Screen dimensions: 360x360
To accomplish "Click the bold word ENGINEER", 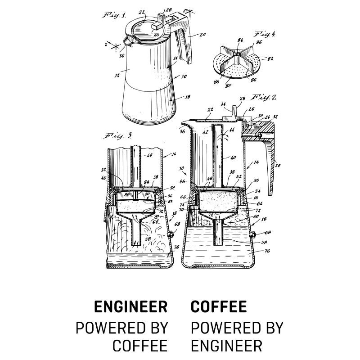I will pos(130,307).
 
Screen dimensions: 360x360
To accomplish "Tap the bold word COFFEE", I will pos(219,307).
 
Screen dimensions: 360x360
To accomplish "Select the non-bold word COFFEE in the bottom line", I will pos(140,346).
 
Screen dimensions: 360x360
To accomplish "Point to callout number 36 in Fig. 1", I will pos(121,57).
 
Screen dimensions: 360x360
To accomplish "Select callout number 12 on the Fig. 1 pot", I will pos(117,76).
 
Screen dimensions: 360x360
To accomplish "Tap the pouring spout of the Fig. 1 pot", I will pos(128,43).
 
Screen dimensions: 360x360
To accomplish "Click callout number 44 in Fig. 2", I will pos(232,130).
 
